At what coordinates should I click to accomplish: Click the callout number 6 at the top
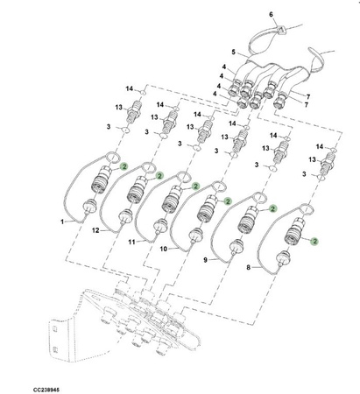click(271, 14)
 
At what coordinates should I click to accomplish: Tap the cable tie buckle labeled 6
click(280, 29)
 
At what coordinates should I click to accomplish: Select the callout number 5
click(234, 52)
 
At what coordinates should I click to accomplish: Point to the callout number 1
click(62, 222)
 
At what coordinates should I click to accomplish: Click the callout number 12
click(95, 230)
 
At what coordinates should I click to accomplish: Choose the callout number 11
click(132, 242)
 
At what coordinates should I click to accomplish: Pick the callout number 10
click(163, 249)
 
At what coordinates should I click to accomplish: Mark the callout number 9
click(205, 259)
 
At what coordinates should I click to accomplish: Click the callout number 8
click(249, 267)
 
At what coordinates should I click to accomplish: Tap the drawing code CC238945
click(46, 390)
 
